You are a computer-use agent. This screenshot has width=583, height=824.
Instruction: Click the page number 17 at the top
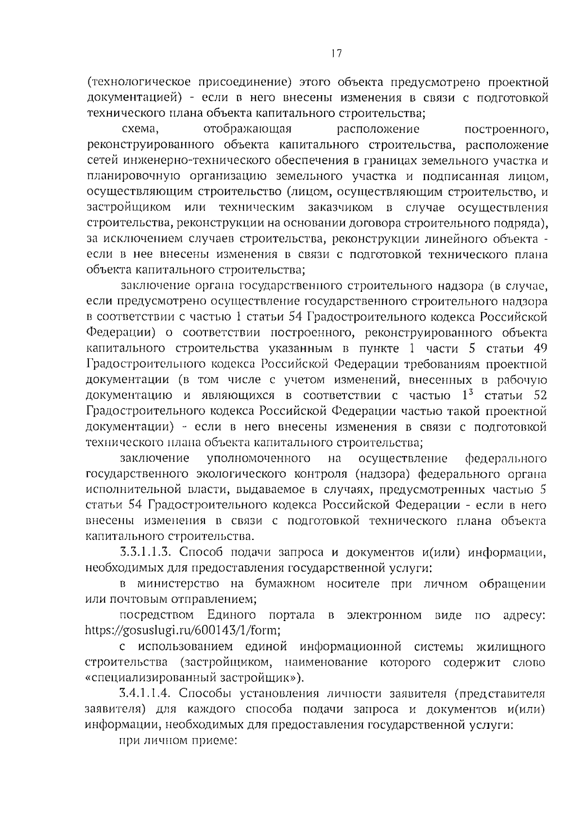(x=334, y=54)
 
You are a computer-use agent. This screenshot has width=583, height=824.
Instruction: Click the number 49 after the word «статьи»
(x=540, y=349)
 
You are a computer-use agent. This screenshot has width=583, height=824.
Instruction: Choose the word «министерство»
(x=178, y=584)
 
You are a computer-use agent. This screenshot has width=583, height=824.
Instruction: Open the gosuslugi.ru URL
(x=183, y=631)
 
